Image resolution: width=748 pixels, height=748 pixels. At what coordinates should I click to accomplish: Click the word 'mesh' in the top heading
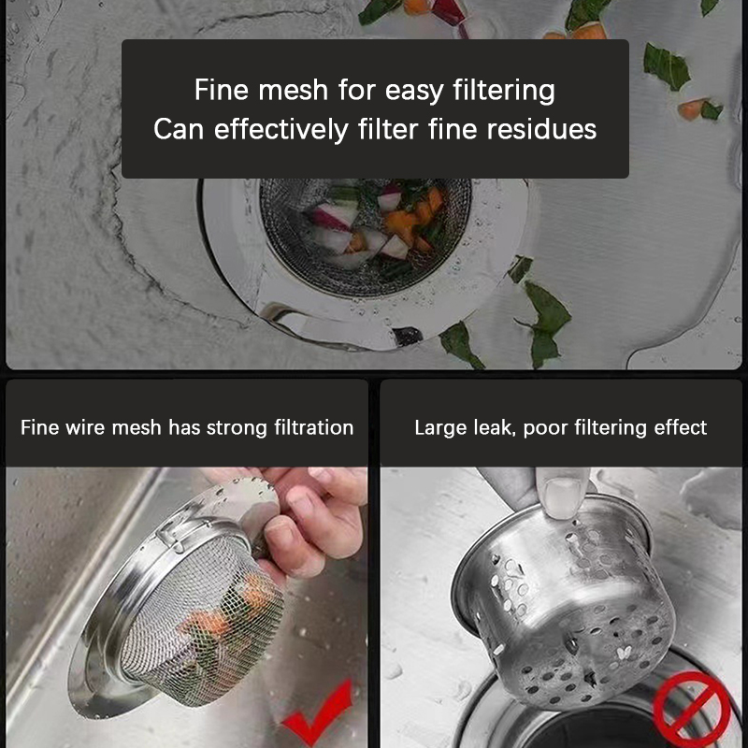tap(293, 90)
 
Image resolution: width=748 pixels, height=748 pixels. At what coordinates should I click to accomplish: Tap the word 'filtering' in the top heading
tap(504, 92)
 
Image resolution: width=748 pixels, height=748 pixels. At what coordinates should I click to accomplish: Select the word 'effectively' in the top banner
tap(281, 130)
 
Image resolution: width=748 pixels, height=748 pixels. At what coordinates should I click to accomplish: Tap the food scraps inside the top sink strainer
tap(377, 224)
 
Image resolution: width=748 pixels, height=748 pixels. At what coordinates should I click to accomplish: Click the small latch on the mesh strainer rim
tap(170, 534)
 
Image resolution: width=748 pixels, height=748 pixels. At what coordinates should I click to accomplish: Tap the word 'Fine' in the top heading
tap(222, 90)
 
